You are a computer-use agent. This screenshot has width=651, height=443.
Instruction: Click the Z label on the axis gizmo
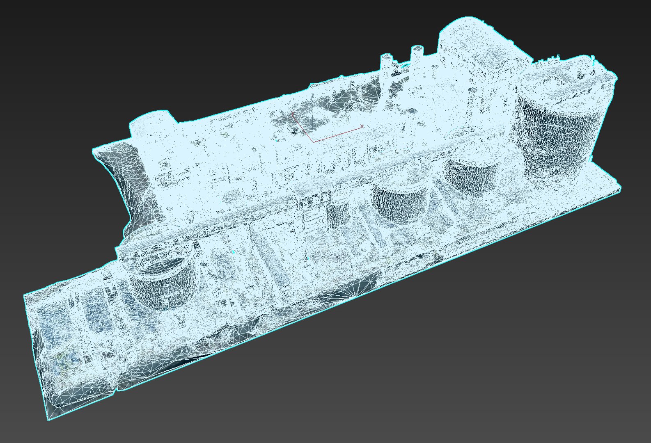click(x=313, y=95)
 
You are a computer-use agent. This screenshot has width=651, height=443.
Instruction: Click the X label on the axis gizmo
click(x=362, y=126)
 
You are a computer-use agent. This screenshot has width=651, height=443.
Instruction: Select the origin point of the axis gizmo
click(x=313, y=142)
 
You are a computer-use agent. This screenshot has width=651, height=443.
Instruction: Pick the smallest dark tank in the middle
click(x=339, y=213)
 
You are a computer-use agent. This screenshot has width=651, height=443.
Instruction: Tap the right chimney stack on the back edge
click(x=417, y=54)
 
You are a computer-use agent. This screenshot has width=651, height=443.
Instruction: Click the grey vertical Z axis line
click(x=313, y=119)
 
